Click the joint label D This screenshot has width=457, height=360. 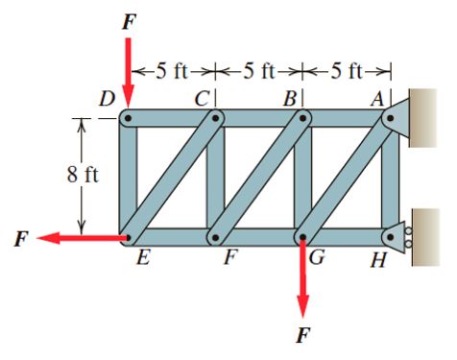click(x=107, y=99)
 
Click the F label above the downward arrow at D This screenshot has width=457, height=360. click(x=128, y=21)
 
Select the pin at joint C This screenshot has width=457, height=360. click(x=217, y=118)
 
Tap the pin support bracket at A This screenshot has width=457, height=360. click(x=398, y=117)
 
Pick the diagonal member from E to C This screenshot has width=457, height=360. click(x=173, y=178)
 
